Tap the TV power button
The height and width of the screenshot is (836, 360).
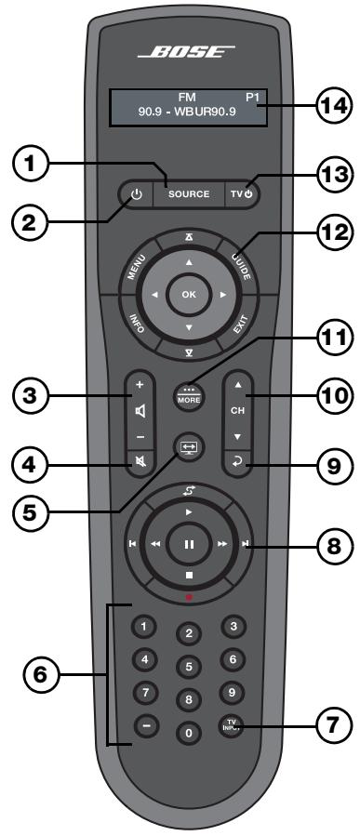coord(241,194)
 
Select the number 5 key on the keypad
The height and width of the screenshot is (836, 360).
coord(190,666)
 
